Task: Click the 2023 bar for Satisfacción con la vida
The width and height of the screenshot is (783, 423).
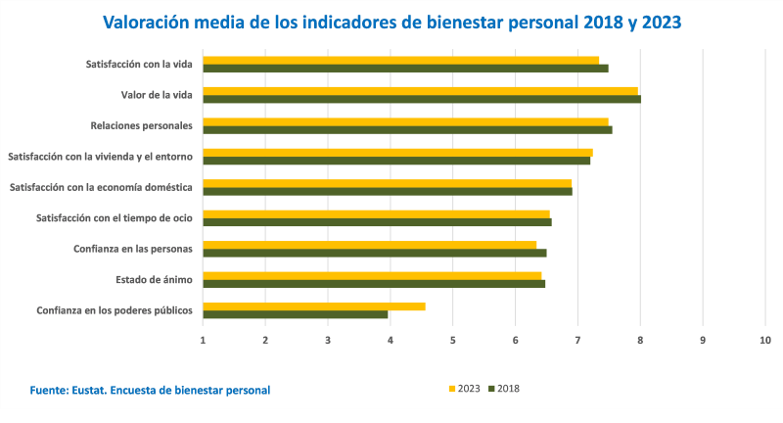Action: coord(401,60)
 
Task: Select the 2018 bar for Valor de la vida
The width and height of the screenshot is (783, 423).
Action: coord(421,99)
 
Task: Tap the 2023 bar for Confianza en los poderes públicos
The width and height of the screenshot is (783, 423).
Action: coord(314,306)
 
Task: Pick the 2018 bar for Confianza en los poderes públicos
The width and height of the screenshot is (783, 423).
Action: coord(296,314)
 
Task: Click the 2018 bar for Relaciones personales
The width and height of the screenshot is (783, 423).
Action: coord(407,129)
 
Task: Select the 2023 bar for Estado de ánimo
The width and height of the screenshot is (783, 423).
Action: coord(372,276)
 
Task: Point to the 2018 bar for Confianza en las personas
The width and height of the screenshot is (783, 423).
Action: coord(374,253)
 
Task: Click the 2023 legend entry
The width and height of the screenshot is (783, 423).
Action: coord(466,389)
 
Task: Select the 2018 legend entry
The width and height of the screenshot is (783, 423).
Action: coord(504,389)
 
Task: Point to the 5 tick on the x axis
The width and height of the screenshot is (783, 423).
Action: coord(453,340)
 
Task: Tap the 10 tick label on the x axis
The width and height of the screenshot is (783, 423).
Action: coord(765,340)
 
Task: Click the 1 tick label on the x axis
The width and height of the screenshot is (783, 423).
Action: coord(203,340)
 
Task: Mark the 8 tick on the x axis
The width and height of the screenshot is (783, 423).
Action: coord(640,340)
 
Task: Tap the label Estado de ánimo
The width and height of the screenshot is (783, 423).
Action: coord(154,280)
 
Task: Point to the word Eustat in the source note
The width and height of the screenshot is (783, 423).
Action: coord(95,390)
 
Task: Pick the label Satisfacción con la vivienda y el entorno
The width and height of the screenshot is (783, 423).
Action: coord(101,157)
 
